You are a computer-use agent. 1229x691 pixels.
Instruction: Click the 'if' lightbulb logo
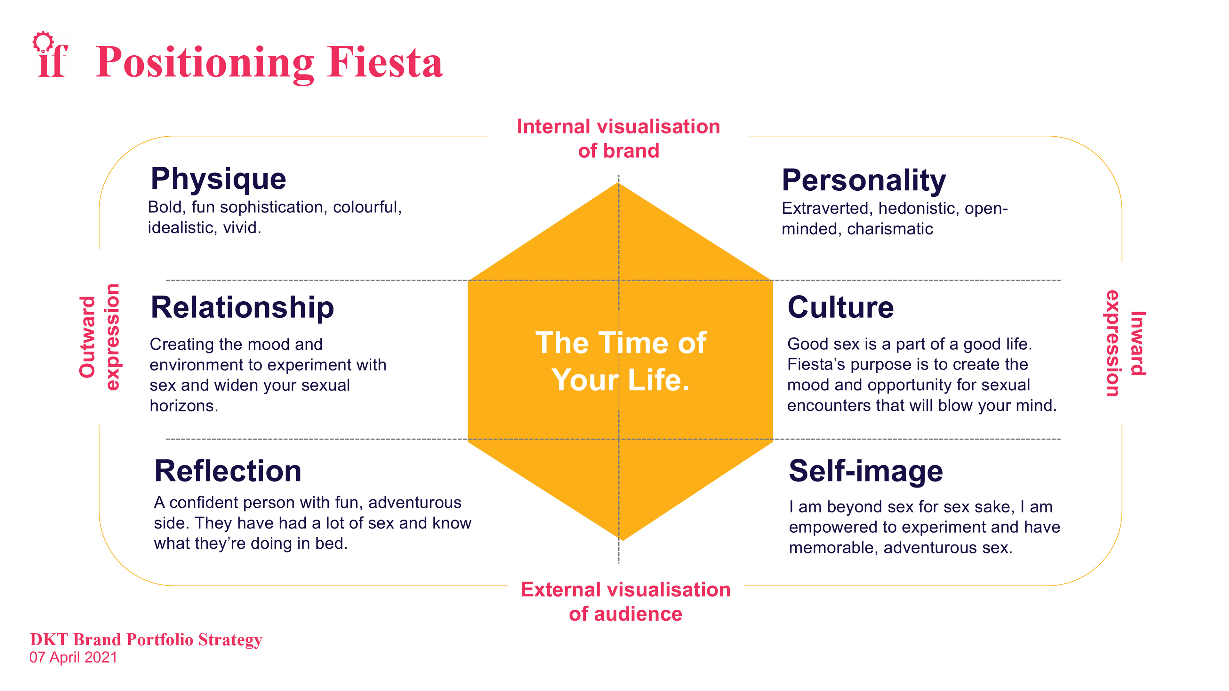(x=51, y=55)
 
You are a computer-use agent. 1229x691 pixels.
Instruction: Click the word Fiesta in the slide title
(x=385, y=63)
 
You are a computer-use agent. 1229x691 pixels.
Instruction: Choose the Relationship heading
(x=242, y=307)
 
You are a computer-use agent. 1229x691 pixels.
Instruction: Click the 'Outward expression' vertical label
(x=99, y=337)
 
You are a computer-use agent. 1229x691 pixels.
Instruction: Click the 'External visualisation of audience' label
(x=625, y=602)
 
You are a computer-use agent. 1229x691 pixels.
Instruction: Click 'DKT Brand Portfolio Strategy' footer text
(x=146, y=639)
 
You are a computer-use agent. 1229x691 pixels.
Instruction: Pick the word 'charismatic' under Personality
(x=890, y=229)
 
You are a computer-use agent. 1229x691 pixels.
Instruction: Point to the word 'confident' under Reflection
(x=206, y=503)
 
